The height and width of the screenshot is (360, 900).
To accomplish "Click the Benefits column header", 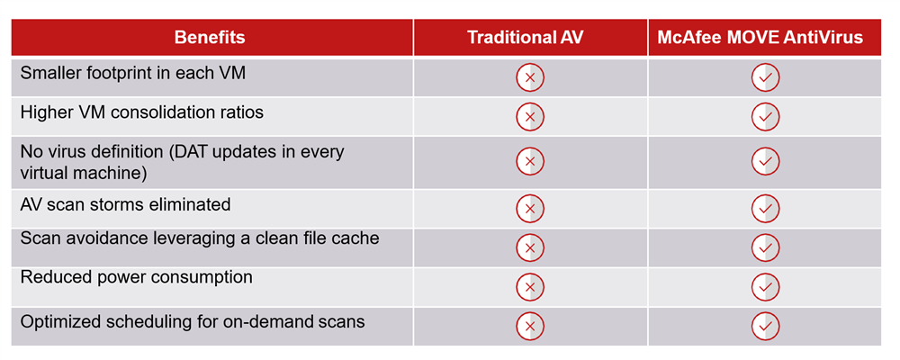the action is click(210, 38).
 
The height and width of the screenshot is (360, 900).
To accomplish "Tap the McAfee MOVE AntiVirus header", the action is click(760, 38).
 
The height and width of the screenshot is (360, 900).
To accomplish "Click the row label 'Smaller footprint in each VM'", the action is click(133, 74).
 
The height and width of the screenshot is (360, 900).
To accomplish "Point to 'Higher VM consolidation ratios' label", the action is click(142, 112).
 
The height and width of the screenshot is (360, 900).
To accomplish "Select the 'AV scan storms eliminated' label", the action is click(126, 203).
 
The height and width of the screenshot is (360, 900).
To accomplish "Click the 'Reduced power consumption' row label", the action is click(137, 277).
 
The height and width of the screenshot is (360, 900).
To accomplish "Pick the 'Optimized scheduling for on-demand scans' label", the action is click(193, 321).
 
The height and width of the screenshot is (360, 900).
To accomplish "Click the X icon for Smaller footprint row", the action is click(530, 78).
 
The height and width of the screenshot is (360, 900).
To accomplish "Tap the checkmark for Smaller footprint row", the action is click(765, 78).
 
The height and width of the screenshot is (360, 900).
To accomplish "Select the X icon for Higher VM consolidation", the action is click(530, 117).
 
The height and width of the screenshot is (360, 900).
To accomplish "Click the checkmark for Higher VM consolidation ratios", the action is click(765, 117).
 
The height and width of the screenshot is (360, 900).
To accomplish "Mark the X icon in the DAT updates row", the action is click(530, 161).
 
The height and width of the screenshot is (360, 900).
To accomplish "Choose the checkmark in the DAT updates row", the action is click(765, 161).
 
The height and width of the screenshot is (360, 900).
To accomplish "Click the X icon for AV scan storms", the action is click(530, 209).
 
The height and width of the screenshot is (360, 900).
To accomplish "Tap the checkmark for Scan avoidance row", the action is click(765, 248).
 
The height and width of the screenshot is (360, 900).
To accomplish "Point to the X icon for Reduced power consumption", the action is click(530, 287).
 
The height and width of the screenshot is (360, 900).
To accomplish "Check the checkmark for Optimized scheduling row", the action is click(765, 326).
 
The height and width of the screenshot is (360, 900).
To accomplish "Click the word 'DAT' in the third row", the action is click(196, 152).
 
